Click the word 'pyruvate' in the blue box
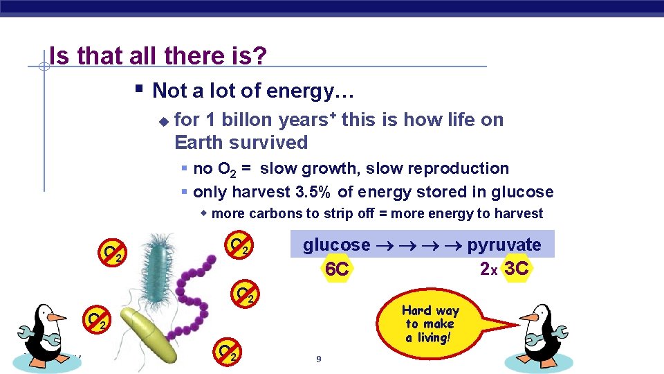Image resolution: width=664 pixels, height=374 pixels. pyautogui.click(x=504, y=245)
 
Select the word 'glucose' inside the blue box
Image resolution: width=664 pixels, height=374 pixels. pyautogui.click(x=336, y=245)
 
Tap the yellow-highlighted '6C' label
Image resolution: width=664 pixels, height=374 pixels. pyautogui.click(x=337, y=269)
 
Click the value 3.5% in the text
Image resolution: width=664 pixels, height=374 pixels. pyautogui.click(x=315, y=192)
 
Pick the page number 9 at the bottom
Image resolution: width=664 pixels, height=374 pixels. pyautogui.click(x=318, y=359)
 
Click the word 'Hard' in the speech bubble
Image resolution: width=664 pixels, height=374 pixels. pyautogui.click(x=416, y=311)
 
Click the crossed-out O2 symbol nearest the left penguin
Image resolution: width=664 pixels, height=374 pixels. pyautogui.click(x=95, y=319)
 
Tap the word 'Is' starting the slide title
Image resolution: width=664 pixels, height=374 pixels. pyautogui.click(x=59, y=57)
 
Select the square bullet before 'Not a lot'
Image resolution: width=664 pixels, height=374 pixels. pyautogui.click(x=139, y=89)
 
